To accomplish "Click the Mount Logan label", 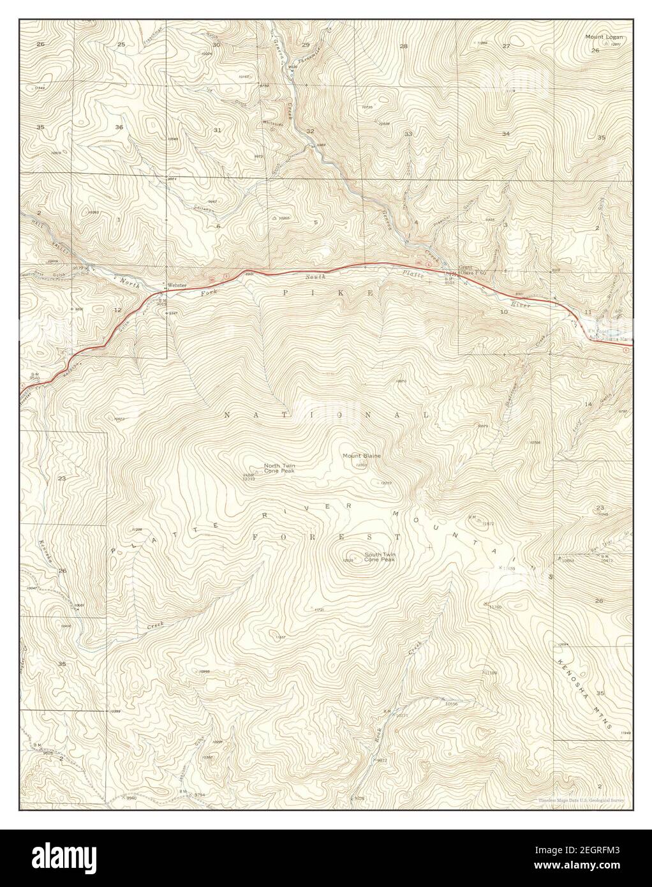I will point(602,37).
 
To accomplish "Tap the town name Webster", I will point(177,285).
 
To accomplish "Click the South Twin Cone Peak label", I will point(380,557).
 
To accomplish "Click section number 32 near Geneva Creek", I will point(311,131).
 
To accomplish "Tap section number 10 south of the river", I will point(504,311).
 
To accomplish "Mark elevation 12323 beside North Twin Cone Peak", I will point(249,479).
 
